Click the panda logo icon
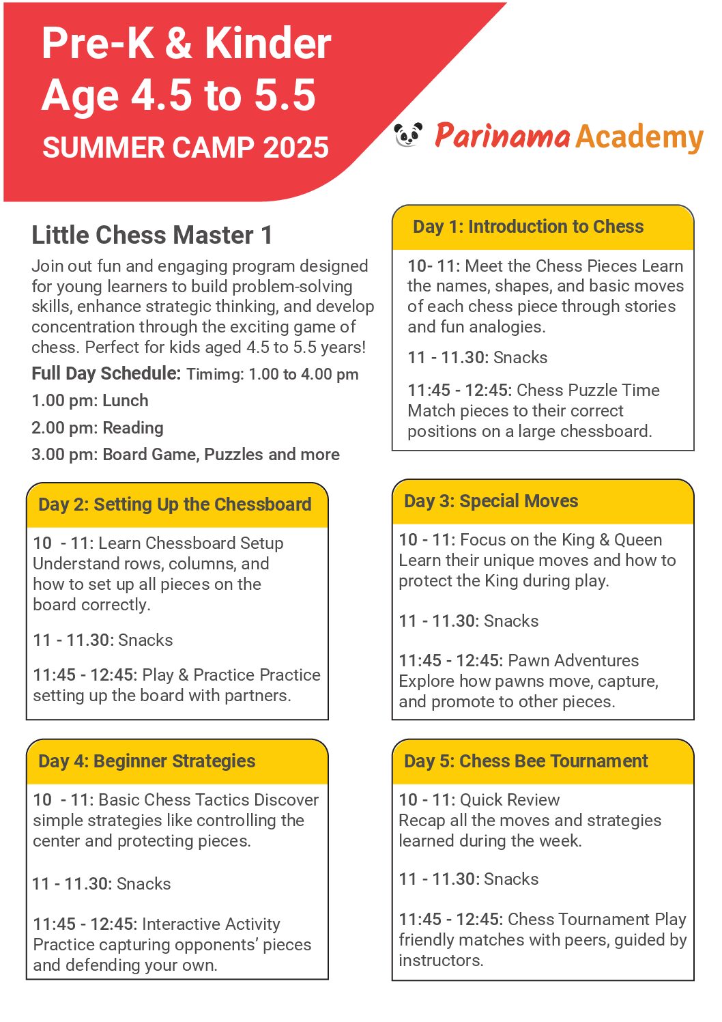point(408,134)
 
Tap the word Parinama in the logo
point(502,136)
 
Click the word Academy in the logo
point(639,137)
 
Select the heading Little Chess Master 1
point(151,235)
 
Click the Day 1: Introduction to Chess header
point(528,227)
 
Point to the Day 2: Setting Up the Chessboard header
point(175,505)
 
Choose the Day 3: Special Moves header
point(491,501)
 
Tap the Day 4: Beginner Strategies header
point(147,761)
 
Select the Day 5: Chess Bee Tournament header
point(525,761)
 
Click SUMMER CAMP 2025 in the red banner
point(186,147)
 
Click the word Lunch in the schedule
point(126,401)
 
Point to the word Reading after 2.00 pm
point(133,428)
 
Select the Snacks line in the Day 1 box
point(477,358)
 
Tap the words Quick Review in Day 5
point(510,800)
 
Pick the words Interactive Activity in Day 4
point(211,924)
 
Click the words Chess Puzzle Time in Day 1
point(588,391)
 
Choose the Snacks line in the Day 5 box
point(468,879)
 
